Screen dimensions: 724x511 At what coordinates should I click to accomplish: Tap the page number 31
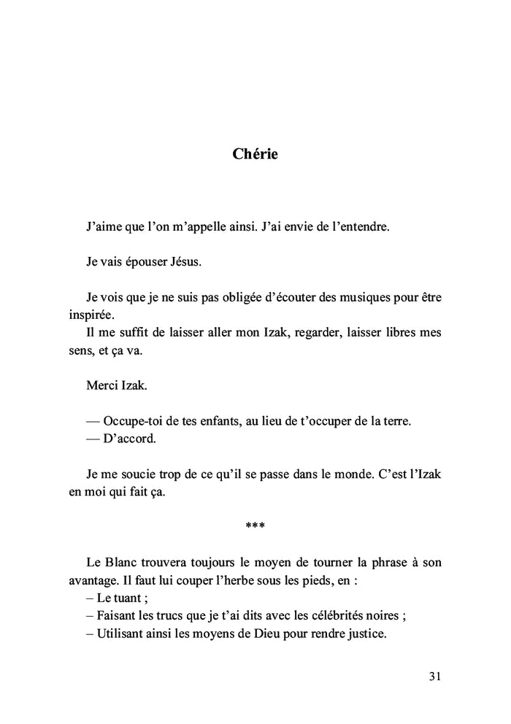pos(434,676)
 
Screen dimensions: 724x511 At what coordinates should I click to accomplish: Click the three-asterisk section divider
pos(255,526)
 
